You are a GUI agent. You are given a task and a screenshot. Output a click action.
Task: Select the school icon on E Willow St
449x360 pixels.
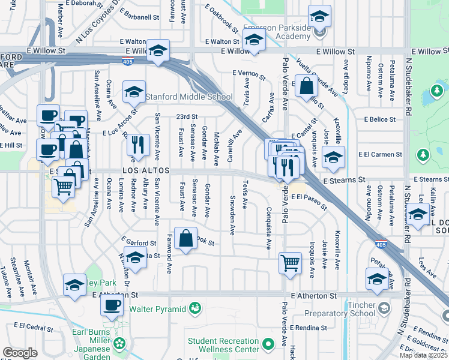[158, 52]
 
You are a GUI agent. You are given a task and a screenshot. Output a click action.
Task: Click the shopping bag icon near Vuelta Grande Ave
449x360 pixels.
[306, 87]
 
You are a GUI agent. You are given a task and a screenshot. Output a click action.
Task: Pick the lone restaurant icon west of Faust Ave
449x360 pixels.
[138, 145]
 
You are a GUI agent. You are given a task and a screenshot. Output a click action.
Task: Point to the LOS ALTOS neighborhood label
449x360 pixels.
[143, 170]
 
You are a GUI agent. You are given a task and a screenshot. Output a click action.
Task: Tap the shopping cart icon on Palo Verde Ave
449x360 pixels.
[290, 262]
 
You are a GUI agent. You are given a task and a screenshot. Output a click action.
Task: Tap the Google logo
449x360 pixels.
[20, 352]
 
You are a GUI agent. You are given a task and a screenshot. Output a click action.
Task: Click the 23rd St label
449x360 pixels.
[187, 117]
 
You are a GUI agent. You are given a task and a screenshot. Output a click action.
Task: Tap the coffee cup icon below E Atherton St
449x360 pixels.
[110, 305]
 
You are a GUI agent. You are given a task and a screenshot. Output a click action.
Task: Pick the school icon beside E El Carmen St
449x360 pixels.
[333, 158]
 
